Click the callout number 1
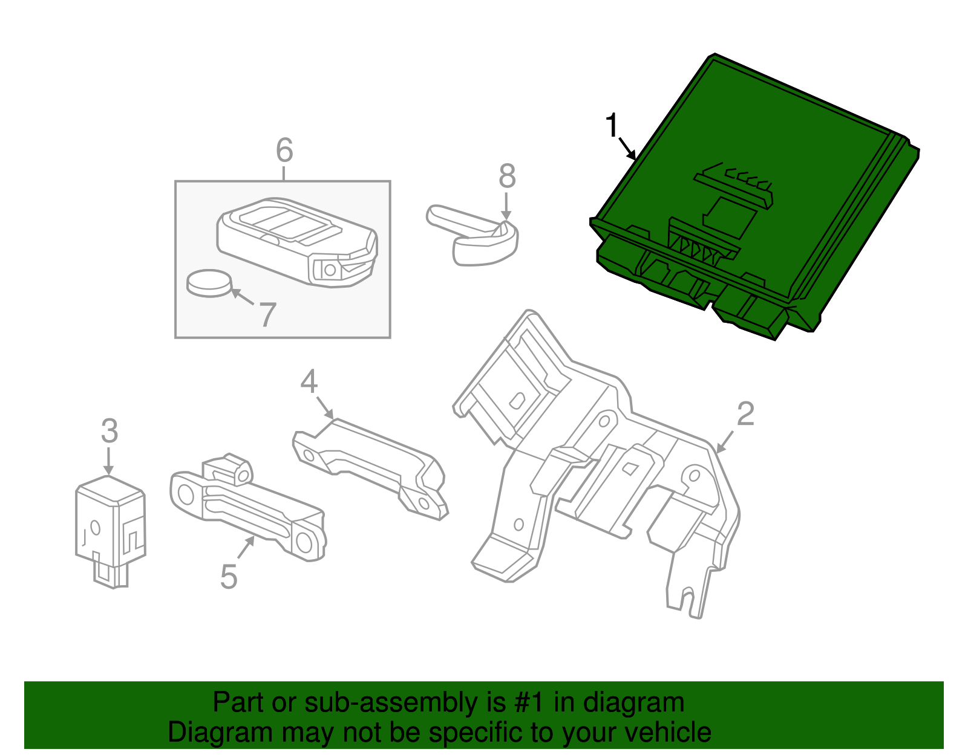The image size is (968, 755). [612, 125]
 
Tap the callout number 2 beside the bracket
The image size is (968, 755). [745, 414]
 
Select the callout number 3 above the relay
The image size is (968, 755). [109, 431]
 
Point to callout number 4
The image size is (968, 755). [309, 382]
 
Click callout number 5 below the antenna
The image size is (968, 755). [228, 577]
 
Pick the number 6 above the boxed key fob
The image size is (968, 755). [284, 150]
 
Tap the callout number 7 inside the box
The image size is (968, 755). [267, 314]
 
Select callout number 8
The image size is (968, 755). [507, 177]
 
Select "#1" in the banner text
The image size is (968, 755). [531, 703]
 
